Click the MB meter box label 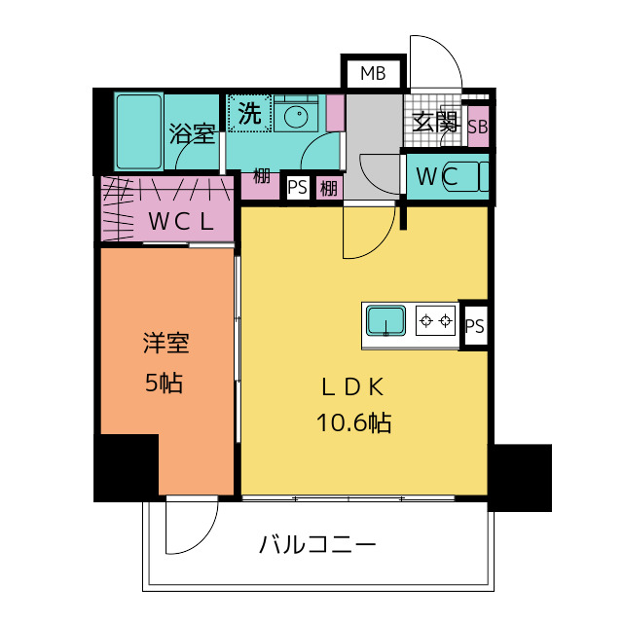point(372,73)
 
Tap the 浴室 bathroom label point(192,133)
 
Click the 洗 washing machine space point(249,113)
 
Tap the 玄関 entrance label point(434,122)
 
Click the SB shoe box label point(478,127)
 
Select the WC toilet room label point(437,177)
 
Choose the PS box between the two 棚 point(298,187)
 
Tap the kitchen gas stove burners point(435,319)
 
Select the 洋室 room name point(165,344)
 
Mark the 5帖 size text point(165,383)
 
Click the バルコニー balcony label point(317,544)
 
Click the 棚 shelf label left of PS point(262,176)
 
